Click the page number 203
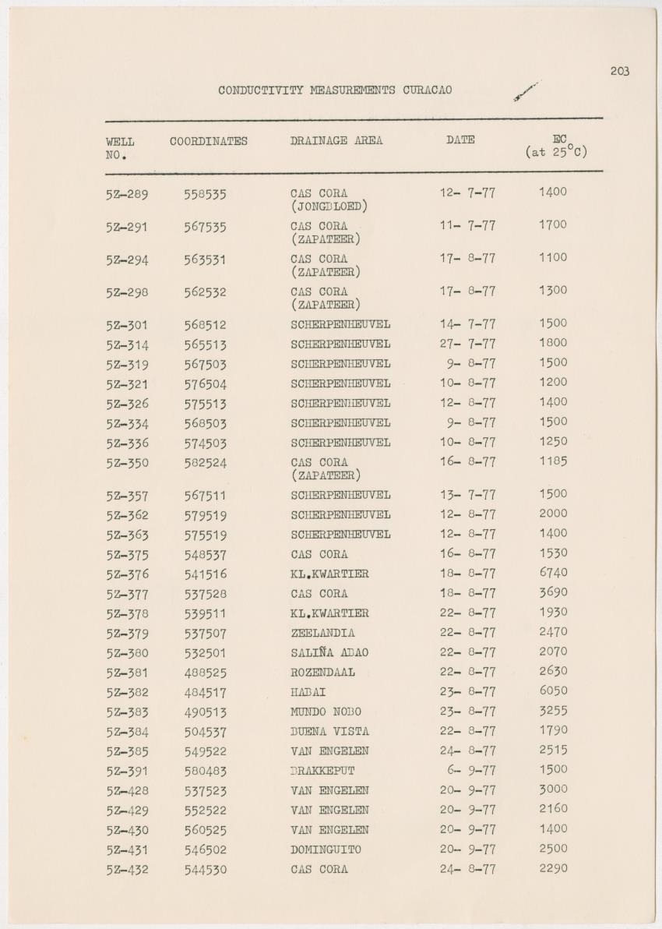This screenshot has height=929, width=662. (x=620, y=72)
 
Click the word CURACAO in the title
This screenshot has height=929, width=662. (x=428, y=90)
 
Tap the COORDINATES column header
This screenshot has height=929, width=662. (x=209, y=141)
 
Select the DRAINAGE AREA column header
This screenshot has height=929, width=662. (x=336, y=141)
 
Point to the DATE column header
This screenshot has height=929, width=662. (x=460, y=140)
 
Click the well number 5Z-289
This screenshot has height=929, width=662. (x=127, y=194)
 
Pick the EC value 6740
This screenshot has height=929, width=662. (x=553, y=573)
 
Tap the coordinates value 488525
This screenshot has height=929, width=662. (x=206, y=673)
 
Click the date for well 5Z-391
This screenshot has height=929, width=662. (x=467, y=770)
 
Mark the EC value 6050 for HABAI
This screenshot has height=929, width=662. (x=553, y=691)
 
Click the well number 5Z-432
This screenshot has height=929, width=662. (x=127, y=870)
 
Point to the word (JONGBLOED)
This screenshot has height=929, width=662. (x=329, y=207)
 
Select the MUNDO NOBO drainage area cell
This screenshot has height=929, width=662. (x=326, y=712)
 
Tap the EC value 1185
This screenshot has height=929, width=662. (x=553, y=461)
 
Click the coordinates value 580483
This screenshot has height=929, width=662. (x=206, y=771)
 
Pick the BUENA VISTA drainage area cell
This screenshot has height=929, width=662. (x=329, y=731)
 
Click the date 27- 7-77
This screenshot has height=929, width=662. (x=467, y=344)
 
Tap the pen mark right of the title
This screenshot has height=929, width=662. (x=526, y=90)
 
